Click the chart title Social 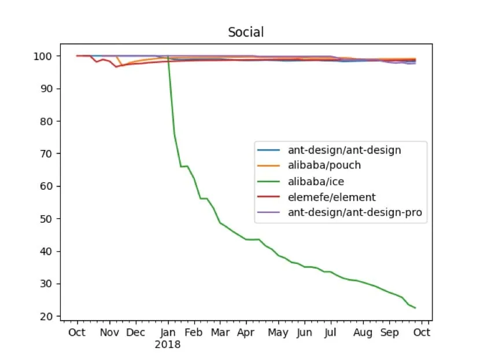[246, 32]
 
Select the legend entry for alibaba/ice [316, 182]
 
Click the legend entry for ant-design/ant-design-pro [355, 213]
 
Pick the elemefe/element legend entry [331, 197]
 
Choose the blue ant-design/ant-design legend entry [344, 150]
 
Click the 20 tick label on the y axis [47, 316]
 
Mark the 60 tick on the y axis [47, 186]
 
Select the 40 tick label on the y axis [47, 251]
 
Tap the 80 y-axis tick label [47, 122]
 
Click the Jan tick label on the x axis [168, 333]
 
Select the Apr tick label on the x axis [246, 333]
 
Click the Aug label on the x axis [363, 333]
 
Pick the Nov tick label [109, 333]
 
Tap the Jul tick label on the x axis [330, 333]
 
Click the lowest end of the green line [415, 308]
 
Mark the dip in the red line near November [116, 67]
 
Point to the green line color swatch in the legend [269, 182]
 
